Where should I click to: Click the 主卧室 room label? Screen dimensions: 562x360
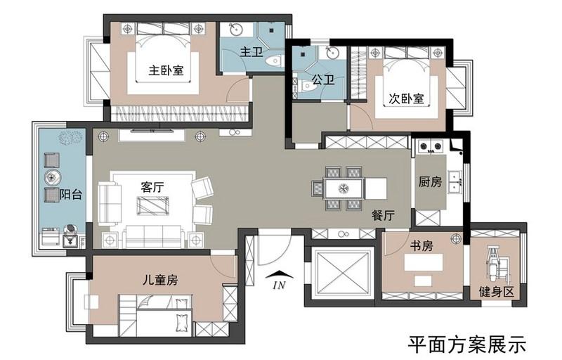(x=166, y=70)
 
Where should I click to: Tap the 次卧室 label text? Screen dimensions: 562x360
(x=407, y=98)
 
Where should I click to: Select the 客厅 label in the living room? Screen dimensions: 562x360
(x=152, y=187)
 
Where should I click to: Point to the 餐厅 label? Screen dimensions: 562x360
(x=383, y=215)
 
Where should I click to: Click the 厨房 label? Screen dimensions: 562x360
(x=430, y=182)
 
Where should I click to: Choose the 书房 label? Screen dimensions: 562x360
(x=421, y=246)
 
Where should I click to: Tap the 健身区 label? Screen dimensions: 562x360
(x=497, y=292)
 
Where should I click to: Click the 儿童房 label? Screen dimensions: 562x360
(x=160, y=280)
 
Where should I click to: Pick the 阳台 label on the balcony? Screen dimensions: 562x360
(x=71, y=194)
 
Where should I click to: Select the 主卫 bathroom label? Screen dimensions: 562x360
(x=251, y=51)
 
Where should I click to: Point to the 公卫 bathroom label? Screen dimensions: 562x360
(x=323, y=79)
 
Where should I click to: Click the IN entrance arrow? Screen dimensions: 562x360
(x=280, y=276)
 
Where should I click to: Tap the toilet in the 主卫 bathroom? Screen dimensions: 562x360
(x=274, y=61)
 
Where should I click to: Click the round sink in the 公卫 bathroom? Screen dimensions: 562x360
(x=332, y=53)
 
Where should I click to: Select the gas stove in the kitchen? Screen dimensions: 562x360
(x=431, y=146)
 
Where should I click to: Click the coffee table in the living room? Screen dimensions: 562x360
(x=152, y=206)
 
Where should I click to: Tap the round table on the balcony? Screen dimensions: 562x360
(x=53, y=177)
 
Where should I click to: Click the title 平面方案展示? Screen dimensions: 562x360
(x=467, y=345)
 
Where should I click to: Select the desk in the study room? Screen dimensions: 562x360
(x=424, y=262)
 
